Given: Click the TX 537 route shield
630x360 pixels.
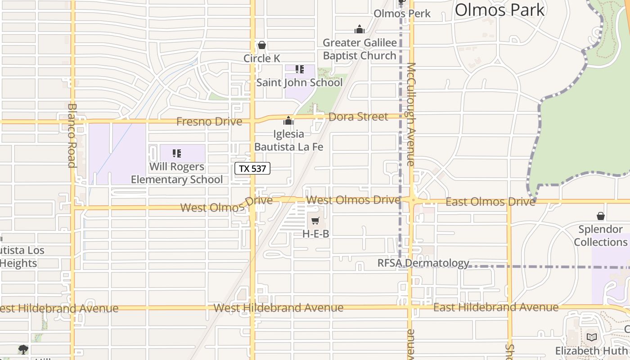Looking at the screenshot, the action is (x=252, y=169).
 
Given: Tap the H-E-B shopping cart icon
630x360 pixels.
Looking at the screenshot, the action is (x=315, y=221).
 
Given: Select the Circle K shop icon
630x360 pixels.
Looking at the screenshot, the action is (x=261, y=45).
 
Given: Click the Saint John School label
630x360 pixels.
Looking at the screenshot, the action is (x=299, y=82).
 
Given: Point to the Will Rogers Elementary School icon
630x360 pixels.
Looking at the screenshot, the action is (x=177, y=153).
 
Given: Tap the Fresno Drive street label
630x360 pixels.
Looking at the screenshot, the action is (x=209, y=121).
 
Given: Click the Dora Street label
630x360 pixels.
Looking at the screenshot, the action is (x=358, y=117).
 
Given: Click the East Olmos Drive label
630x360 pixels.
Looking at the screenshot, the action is (x=490, y=202).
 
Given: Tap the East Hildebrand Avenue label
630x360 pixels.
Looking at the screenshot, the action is (x=495, y=307).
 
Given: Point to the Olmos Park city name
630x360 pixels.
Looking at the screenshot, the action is (x=499, y=10).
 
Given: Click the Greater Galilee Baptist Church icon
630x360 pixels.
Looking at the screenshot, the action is (x=359, y=30).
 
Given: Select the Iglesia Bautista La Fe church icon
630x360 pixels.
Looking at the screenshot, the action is (x=288, y=121).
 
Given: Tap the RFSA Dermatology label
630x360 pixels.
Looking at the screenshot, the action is (x=423, y=263).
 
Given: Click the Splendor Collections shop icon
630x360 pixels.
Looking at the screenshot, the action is (x=600, y=216).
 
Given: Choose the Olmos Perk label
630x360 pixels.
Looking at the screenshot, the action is (x=402, y=13).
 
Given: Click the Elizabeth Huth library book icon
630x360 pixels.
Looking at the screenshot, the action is (x=592, y=337).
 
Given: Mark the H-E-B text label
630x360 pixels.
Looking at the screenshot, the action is (x=315, y=234).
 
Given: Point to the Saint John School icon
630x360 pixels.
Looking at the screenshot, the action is (x=299, y=69).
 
